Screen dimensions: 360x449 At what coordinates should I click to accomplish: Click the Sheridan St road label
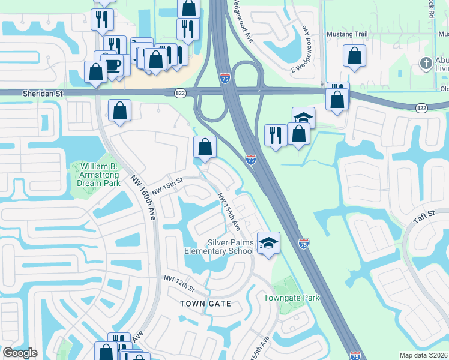[x=22, y=94]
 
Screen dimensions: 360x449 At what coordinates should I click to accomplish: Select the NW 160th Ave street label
[x=143, y=199]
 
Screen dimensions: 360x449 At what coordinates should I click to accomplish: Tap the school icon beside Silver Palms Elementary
[x=268, y=242]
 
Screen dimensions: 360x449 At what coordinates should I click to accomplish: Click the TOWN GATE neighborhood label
[x=206, y=304]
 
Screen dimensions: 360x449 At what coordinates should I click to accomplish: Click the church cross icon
[x=426, y=64]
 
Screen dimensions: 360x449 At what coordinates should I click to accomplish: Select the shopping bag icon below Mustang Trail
[x=354, y=56]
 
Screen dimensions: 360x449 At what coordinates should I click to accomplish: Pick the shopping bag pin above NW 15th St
[x=205, y=146]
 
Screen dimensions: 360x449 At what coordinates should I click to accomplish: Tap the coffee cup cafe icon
[x=113, y=64]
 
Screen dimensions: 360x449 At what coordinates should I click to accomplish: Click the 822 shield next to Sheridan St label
[x=180, y=93]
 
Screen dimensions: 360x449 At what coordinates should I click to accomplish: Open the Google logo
[x=20, y=353]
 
